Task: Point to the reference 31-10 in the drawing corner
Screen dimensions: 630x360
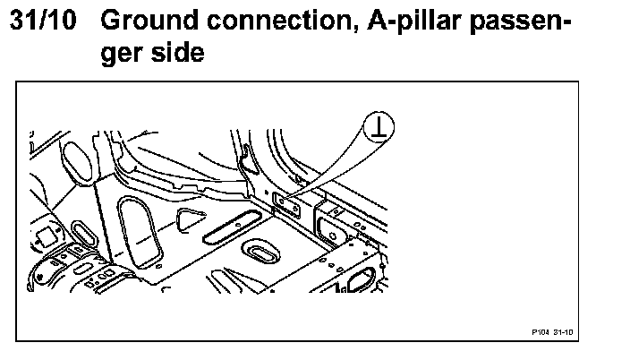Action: pos(563,331)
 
